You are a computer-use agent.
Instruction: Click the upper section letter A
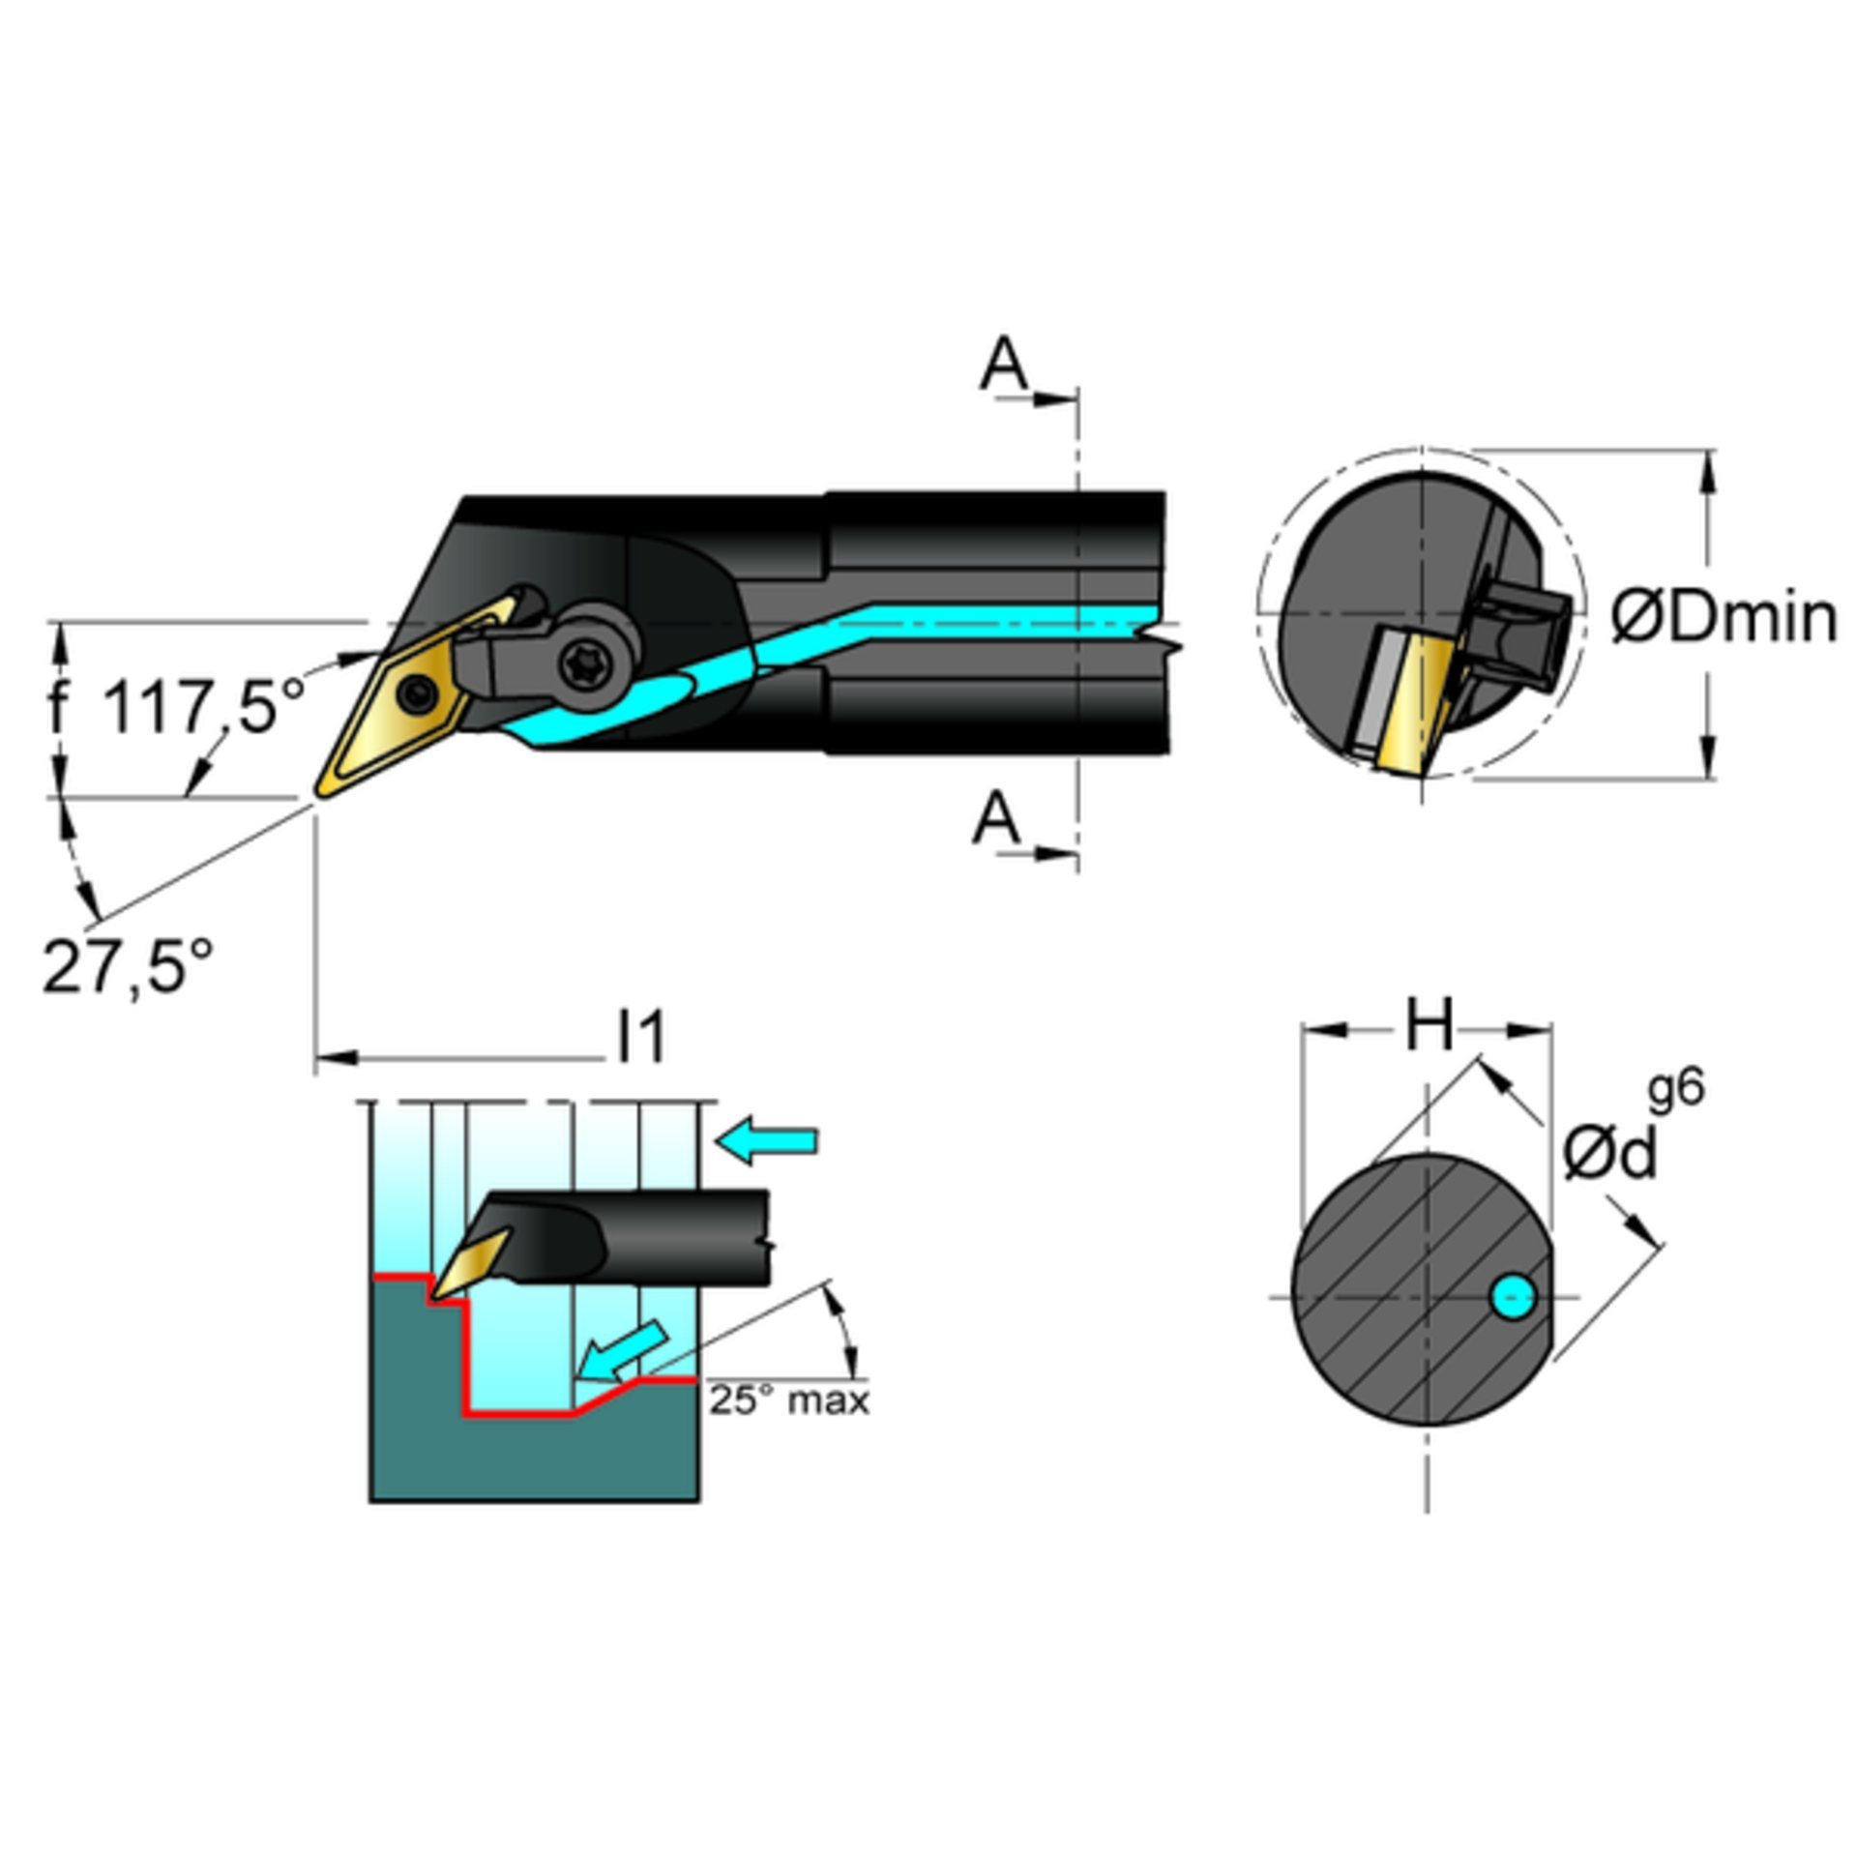click(x=1004, y=365)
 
